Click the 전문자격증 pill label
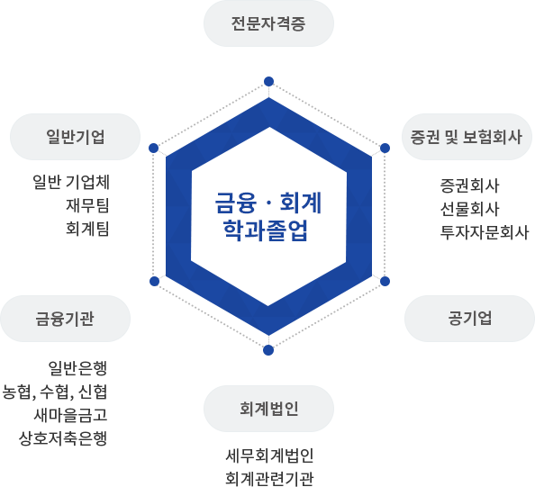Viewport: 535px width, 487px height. (268, 23)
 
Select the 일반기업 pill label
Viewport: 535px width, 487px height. (75, 137)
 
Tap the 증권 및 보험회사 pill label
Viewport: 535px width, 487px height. (467, 137)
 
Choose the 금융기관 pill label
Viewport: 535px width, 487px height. (65, 319)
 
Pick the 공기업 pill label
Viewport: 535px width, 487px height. (469, 319)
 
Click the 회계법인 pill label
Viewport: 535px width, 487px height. (268, 409)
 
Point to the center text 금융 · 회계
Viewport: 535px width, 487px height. (268, 203)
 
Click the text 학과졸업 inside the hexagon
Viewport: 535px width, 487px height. (266, 230)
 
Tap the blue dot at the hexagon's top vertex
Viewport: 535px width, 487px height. (269, 82)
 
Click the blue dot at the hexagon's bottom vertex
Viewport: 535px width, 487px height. (268, 350)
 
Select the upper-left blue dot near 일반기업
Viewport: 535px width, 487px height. (153, 148)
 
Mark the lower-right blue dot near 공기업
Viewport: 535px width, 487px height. (385, 282)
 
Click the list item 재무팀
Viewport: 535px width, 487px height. (87, 205)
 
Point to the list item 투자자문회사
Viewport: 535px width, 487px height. (485, 232)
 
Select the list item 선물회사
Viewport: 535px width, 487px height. (470, 209)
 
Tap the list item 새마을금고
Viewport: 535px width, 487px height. (70, 415)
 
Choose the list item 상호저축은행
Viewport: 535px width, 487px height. (63, 438)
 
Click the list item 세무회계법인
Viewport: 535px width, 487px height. (269, 455)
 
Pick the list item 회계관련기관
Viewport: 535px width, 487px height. (269, 479)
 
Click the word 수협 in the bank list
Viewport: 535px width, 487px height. (54, 392)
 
